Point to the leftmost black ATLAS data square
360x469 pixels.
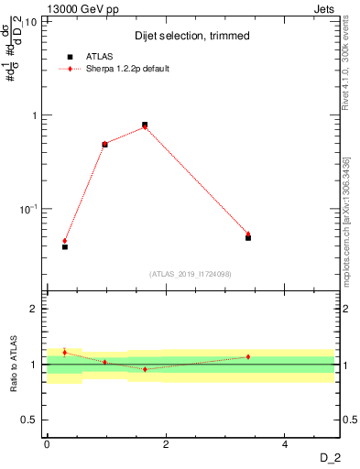[65, 246]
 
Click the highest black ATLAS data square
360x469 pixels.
[145, 125]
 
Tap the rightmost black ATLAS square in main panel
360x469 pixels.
[248, 237]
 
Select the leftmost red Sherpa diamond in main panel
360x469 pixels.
[65, 241]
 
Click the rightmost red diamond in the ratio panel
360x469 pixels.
[248, 356]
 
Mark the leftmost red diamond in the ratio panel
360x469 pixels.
[65, 352]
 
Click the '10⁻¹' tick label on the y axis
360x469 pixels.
[28, 209]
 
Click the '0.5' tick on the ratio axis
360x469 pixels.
[33, 420]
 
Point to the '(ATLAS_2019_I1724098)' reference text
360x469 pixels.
[191, 273]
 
